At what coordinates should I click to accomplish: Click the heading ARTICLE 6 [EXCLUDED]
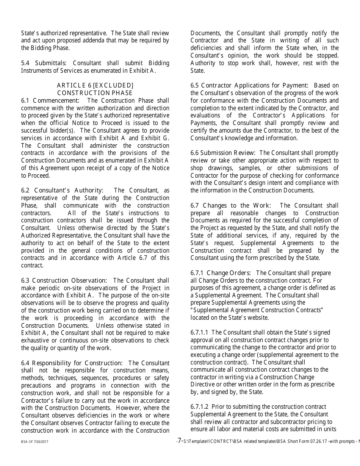point(95,85)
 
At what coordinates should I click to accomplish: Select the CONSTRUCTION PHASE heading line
point(95,93)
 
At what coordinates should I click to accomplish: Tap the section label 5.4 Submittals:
point(44,63)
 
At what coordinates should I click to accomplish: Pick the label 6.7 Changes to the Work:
point(231,205)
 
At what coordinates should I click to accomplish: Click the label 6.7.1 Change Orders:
point(221,273)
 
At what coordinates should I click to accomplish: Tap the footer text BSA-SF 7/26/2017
point(34,442)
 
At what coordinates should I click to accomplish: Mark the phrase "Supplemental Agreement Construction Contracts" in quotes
point(257,310)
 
